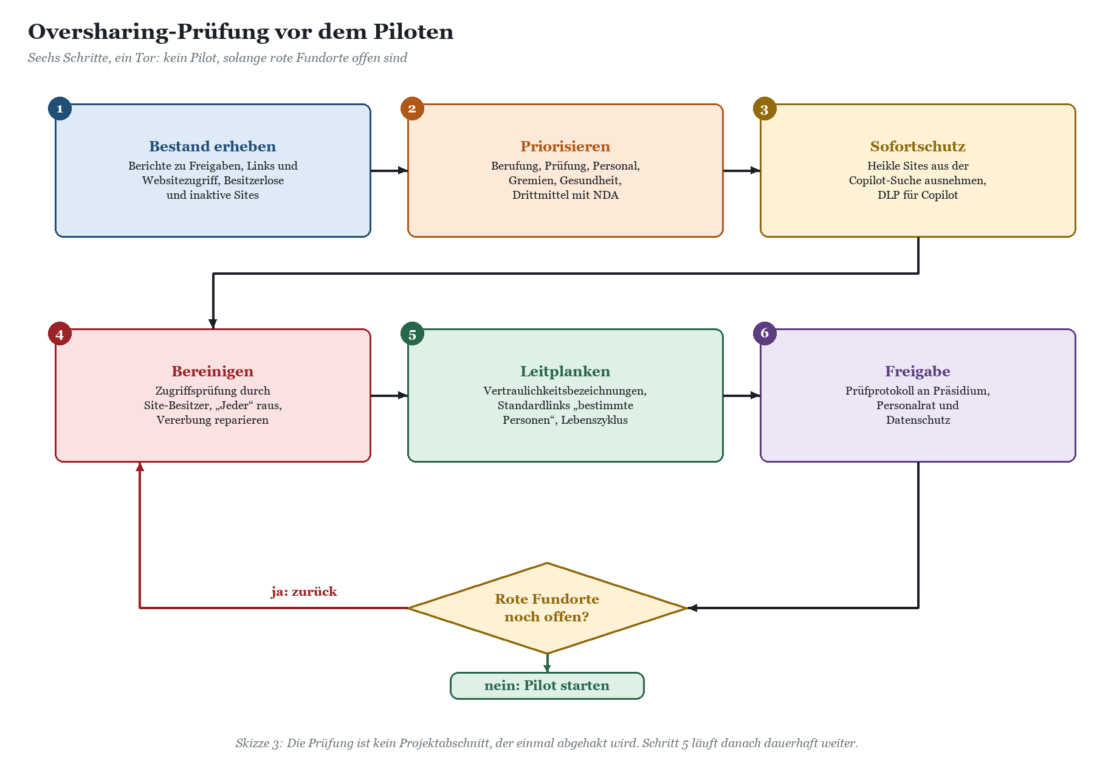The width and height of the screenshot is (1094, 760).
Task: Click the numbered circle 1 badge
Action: [60, 109]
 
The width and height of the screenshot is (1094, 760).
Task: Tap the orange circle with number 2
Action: [412, 109]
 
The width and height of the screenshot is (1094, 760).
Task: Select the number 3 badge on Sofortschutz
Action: [765, 109]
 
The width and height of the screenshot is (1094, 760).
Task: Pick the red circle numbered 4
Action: [60, 334]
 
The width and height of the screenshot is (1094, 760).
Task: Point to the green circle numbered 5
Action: [412, 334]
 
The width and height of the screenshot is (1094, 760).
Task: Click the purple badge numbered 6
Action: [765, 334]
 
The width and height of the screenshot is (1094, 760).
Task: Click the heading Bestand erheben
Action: [213, 147]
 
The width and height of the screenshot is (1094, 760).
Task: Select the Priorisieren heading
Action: [565, 147]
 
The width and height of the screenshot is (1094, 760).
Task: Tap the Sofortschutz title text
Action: [918, 147]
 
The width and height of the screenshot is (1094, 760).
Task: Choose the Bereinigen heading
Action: [213, 371]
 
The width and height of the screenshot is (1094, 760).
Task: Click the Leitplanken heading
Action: [565, 371]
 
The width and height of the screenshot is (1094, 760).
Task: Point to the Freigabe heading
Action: [918, 371]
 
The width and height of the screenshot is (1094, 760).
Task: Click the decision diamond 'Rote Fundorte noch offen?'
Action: [547, 608]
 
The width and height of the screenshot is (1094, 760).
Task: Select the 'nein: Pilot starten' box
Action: [547, 686]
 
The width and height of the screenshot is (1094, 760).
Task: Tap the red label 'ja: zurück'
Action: [304, 592]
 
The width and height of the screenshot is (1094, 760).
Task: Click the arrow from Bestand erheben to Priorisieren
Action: [389, 170]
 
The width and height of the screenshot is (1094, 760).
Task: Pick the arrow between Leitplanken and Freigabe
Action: [741, 395]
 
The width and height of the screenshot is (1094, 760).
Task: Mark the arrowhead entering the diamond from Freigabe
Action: [692, 608]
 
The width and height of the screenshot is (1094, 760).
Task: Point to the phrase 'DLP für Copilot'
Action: [918, 195]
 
